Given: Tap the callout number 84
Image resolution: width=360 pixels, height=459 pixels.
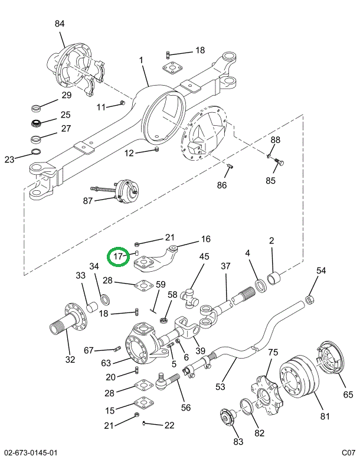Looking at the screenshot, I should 60,24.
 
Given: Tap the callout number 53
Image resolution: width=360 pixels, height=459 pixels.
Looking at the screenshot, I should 220,387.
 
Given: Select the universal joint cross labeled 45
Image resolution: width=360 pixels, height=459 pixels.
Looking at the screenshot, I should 191,294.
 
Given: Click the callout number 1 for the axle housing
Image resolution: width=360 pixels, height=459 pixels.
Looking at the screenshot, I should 142,60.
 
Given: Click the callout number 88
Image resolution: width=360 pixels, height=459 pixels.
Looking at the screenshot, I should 276,140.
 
